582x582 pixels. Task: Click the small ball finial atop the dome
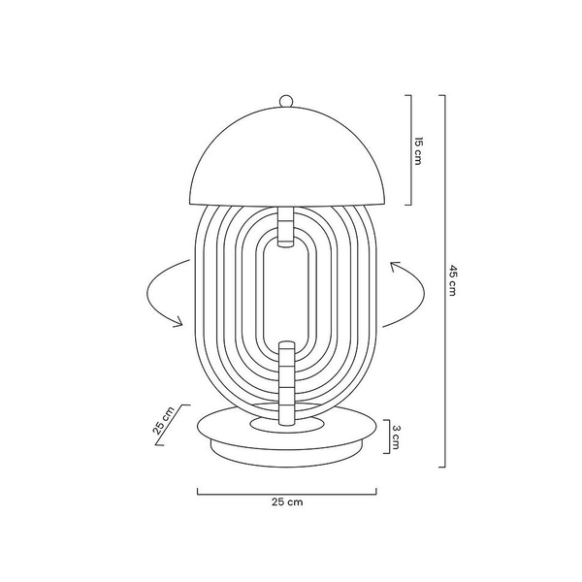(286, 101)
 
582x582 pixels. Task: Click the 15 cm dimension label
(418, 151)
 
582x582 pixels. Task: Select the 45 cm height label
(452, 280)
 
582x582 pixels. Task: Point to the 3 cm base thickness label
(396, 436)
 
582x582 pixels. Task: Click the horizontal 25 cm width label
(287, 501)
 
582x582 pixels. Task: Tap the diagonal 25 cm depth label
(163, 421)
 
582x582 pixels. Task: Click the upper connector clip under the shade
(286, 226)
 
